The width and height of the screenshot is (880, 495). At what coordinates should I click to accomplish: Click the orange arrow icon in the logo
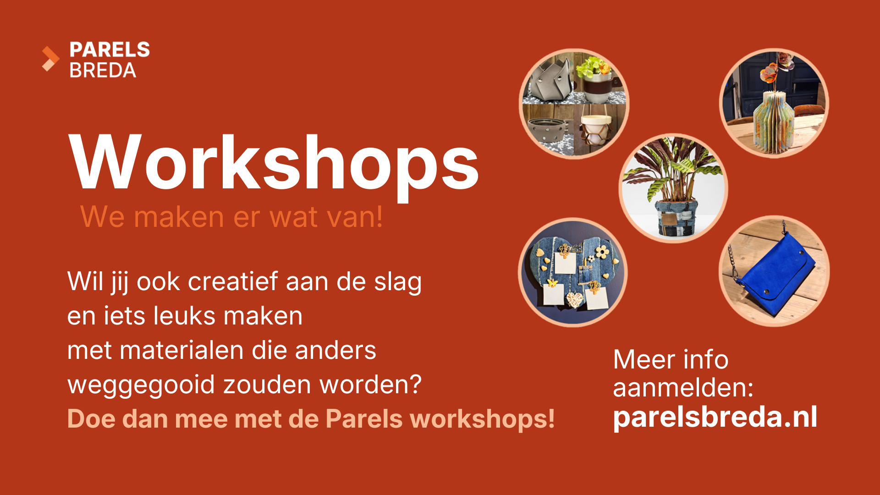coord(50,59)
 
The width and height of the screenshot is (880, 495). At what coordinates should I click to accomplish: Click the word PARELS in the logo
coord(110,49)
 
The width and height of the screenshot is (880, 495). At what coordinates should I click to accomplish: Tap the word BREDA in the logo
coord(103,70)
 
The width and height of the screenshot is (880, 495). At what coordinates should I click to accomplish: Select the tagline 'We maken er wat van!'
coord(231,216)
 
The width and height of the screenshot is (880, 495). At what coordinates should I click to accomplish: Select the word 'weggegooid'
coord(141,385)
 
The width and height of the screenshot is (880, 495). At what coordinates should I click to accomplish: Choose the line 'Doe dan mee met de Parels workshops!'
coord(311,418)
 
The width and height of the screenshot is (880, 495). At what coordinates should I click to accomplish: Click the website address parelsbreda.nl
coord(715,417)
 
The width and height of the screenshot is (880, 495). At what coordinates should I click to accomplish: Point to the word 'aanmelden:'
coord(683,387)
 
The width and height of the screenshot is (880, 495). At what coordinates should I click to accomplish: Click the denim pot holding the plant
coord(676,218)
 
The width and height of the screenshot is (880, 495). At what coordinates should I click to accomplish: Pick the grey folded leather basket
coord(550,80)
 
